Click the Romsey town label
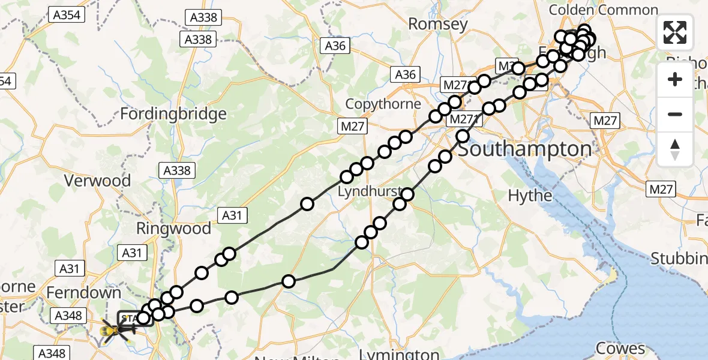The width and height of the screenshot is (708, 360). coord(437,24)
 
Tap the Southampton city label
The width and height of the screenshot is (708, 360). coord(525,148)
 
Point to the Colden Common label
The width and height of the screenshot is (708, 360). coord(603,10)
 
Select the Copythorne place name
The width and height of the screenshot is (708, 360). coord(383,104)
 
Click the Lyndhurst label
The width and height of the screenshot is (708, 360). coord(368,192)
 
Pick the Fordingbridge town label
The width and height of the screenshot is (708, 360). coord(173,113)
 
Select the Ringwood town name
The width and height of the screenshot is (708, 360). coord(173,229)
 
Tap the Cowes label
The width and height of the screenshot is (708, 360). coord(619,349)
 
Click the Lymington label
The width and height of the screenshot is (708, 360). coord(401,354)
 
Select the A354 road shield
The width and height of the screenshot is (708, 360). coord(66,16)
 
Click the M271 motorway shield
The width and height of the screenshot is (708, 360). coord(463,119)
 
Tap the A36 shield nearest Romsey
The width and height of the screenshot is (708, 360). coord(335,46)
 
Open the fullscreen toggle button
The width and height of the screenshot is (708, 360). coord(675,32)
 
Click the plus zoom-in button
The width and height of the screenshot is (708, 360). coord(675,79)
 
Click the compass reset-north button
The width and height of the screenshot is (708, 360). coord(675,149)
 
